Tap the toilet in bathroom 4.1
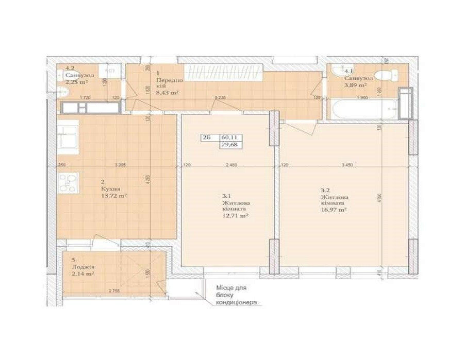click(x=386, y=75)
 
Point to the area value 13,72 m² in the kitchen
click(x=114, y=196)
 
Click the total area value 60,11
click(x=230, y=138)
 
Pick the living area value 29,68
click(x=230, y=145)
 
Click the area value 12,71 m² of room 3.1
click(x=236, y=217)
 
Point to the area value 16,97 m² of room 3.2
click(x=334, y=210)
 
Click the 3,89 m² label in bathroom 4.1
click(x=356, y=85)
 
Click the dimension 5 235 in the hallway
click(x=220, y=97)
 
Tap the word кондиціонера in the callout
click(x=237, y=303)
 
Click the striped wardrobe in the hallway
click(x=225, y=72)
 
